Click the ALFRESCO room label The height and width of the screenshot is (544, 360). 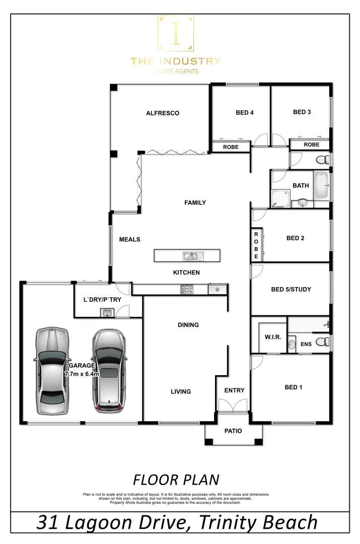[163, 113]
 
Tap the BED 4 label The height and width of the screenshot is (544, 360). [245, 113]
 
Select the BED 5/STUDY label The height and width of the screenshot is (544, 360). [291, 289]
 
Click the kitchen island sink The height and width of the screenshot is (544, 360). [190, 256]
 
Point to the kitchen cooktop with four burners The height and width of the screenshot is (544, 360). [187, 290]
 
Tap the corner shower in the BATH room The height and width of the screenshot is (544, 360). [280, 198]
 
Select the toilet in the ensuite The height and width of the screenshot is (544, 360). [325, 343]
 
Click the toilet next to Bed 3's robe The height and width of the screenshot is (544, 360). [322, 160]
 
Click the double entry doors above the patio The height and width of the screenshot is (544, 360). [233, 405]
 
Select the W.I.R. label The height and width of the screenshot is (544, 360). [268, 336]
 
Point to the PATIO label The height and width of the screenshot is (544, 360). [233, 431]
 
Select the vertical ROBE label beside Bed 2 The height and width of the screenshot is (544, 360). [256, 245]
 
